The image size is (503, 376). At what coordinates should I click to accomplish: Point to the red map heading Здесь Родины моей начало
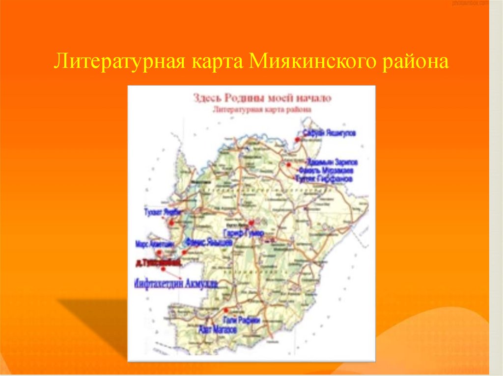[x=262, y=98]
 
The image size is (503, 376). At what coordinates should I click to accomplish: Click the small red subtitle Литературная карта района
[x=262, y=110]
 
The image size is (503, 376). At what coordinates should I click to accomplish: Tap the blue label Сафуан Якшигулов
[x=329, y=133]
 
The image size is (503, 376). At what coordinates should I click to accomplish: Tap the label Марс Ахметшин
[x=153, y=243]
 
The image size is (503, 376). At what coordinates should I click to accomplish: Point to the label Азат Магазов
[x=217, y=330]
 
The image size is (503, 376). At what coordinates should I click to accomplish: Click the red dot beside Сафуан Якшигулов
[x=297, y=140]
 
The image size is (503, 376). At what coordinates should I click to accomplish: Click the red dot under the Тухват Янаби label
[x=172, y=223]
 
